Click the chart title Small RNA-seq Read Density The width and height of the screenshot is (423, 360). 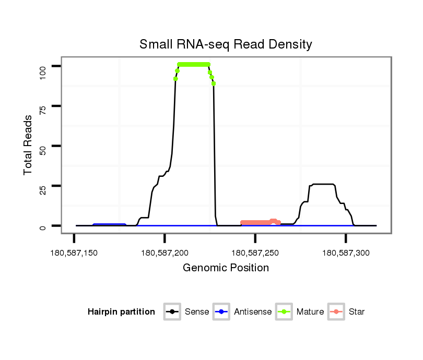pos(226,44)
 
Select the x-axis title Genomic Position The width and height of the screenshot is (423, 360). pos(226,268)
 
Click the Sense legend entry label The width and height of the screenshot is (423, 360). pos(197,312)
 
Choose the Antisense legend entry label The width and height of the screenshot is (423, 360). pos(253,312)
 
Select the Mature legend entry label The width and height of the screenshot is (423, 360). pos(310,312)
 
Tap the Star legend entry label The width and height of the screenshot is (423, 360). pos(357,312)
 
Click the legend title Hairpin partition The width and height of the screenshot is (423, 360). pos(121,312)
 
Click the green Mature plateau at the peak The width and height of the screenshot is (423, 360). pos(193,64)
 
